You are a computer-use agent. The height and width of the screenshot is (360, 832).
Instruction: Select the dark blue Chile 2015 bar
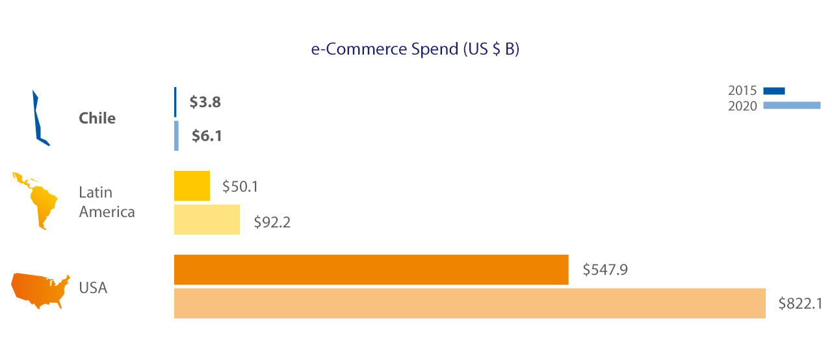175,102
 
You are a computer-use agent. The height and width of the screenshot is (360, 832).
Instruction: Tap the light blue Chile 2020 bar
176,136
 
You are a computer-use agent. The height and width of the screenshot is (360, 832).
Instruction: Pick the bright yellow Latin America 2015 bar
192,186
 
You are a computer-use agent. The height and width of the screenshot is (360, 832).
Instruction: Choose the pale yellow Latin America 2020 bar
207,219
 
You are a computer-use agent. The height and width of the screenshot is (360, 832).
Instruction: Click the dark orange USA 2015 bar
371,270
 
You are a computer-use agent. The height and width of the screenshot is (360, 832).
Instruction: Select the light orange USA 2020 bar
469,303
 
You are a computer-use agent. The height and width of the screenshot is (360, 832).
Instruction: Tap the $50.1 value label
240,186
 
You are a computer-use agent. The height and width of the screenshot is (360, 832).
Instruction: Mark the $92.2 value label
272,223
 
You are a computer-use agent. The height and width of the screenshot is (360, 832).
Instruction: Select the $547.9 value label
605,269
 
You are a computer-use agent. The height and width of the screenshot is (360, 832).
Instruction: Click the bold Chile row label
97,118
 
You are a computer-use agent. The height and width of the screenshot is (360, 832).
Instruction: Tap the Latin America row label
107,202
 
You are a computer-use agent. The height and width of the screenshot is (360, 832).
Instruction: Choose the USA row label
93,287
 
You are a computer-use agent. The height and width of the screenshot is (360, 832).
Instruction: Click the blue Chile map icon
40,118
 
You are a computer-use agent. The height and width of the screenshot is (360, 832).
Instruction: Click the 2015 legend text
742,91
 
